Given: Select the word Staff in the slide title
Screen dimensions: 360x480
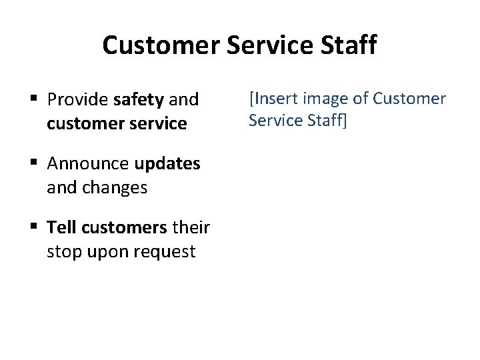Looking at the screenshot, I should click(349, 45).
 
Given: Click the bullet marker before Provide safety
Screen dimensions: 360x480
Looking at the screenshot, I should click(33, 100).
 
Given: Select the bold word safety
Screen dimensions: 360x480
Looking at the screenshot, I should click(139, 100).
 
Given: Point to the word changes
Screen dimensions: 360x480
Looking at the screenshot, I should click(115, 188).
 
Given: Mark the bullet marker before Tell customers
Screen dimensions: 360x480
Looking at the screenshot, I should click(33, 228).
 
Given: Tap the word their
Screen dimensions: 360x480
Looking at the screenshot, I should click(191, 228).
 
